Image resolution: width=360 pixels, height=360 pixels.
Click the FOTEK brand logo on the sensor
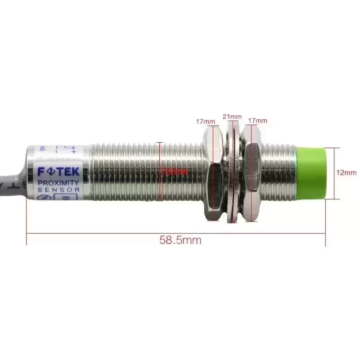click(x=58, y=172)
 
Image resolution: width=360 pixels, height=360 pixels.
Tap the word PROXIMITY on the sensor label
click(x=58, y=183)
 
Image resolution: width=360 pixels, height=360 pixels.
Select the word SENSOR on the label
click(x=58, y=190)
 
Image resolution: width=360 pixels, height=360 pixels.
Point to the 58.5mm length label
click(x=180, y=240)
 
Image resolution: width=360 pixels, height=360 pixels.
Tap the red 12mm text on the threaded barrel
click(x=174, y=172)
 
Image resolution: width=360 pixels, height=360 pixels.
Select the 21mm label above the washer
click(x=232, y=116)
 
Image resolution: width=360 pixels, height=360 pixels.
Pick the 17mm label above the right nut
click(x=258, y=121)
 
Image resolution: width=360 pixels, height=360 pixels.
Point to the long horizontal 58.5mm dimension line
click(x=112, y=234)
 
